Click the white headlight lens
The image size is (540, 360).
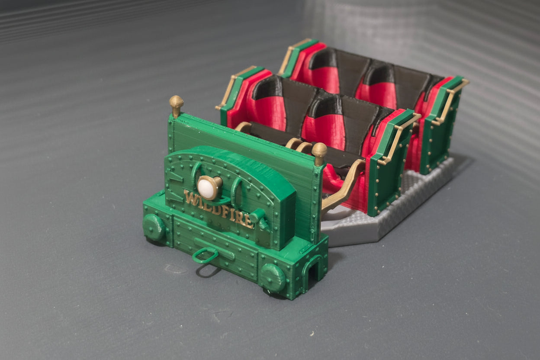tap(206, 187)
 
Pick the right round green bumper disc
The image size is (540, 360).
tap(273, 277)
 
